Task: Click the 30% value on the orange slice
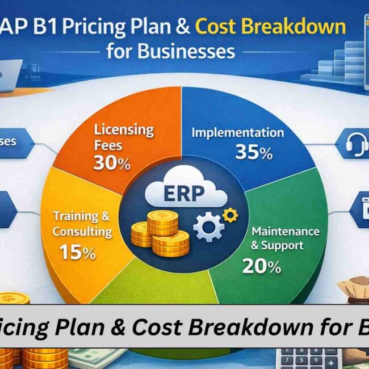pyautogui.click(x=112, y=163)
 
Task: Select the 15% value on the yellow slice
pyautogui.click(x=77, y=252)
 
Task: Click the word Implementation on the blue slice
pyautogui.click(x=237, y=133)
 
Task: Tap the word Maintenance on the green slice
pyautogui.click(x=286, y=232)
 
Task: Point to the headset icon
pyautogui.click(x=355, y=145)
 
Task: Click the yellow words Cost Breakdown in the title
pyautogui.click(x=270, y=27)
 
